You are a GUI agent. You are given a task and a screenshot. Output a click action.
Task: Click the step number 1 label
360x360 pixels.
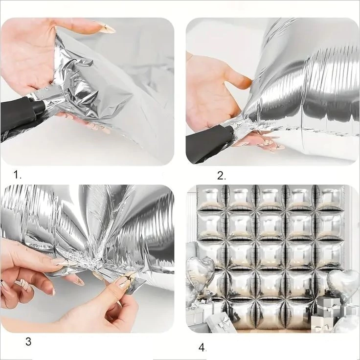pyautogui.click(x=17, y=175)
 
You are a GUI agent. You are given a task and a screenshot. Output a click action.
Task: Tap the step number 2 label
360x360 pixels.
pyautogui.click(x=221, y=176)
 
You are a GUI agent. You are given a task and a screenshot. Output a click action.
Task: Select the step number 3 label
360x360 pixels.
pyautogui.click(x=28, y=341)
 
